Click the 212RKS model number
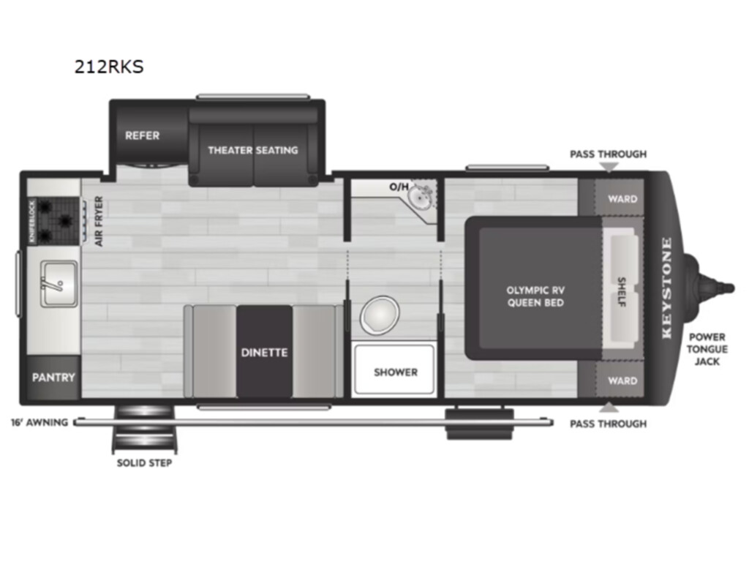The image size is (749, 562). [109, 67]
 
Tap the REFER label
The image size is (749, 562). [143, 135]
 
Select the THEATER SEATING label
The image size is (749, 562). [252, 150]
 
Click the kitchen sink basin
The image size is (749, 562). [59, 284]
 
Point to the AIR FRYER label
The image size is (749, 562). [99, 221]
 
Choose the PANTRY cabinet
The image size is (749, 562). [53, 377]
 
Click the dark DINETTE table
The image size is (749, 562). [264, 352]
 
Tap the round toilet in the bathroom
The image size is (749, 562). [380, 315]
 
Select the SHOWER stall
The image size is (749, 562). [394, 370]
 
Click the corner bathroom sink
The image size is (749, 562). [422, 196]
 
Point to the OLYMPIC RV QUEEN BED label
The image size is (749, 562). [535, 296]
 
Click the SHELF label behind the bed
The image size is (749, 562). [622, 291]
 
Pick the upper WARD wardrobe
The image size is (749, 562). [619, 198]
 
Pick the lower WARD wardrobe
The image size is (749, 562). [619, 380]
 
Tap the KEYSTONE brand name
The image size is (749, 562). [667, 288]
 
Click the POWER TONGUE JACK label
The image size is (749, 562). [707, 349]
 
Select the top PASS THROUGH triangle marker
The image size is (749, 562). [609, 167]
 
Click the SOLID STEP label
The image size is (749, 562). [144, 462]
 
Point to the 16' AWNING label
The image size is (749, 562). [39, 422]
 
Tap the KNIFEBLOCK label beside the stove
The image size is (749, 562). [32, 221]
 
